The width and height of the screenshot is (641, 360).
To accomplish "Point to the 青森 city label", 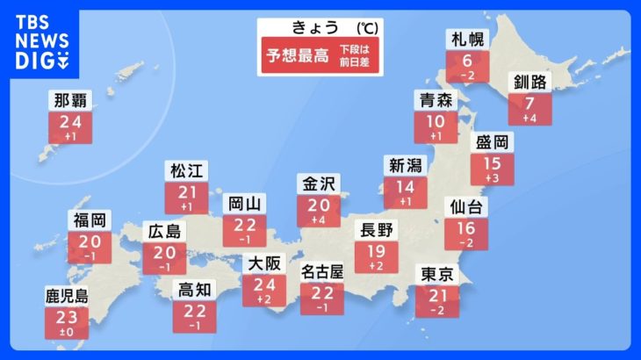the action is [436, 99].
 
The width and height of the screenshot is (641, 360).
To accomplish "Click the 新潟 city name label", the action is [405, 165].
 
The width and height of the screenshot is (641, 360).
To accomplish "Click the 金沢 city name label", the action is [320, 184].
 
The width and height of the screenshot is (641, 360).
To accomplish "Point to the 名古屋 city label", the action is [322, 271].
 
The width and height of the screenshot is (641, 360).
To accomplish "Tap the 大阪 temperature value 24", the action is [264, 283].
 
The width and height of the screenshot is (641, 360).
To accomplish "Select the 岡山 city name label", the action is [240, 204].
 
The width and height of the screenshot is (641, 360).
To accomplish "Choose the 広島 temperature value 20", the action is [165, 252].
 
